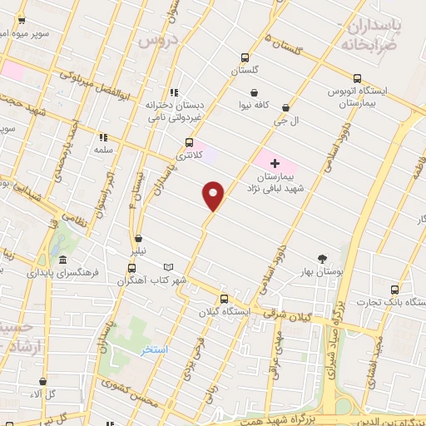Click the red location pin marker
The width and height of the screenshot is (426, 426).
[x=214, y=196]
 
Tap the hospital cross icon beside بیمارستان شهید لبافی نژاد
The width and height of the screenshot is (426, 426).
[x=275, y=163]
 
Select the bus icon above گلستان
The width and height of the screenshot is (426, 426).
[x=244, y=57]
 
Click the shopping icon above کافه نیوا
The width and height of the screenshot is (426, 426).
[x=254, y=92]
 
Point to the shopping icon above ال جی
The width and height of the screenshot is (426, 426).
[x=285, y=107]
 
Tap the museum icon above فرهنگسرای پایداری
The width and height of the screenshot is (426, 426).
[x=62, y=258]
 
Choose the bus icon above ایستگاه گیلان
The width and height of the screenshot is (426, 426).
[x=223, y=299]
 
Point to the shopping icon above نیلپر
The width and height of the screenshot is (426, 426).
[x=137, y=237]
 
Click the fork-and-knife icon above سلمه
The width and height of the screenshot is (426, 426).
[x=103, y=137]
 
